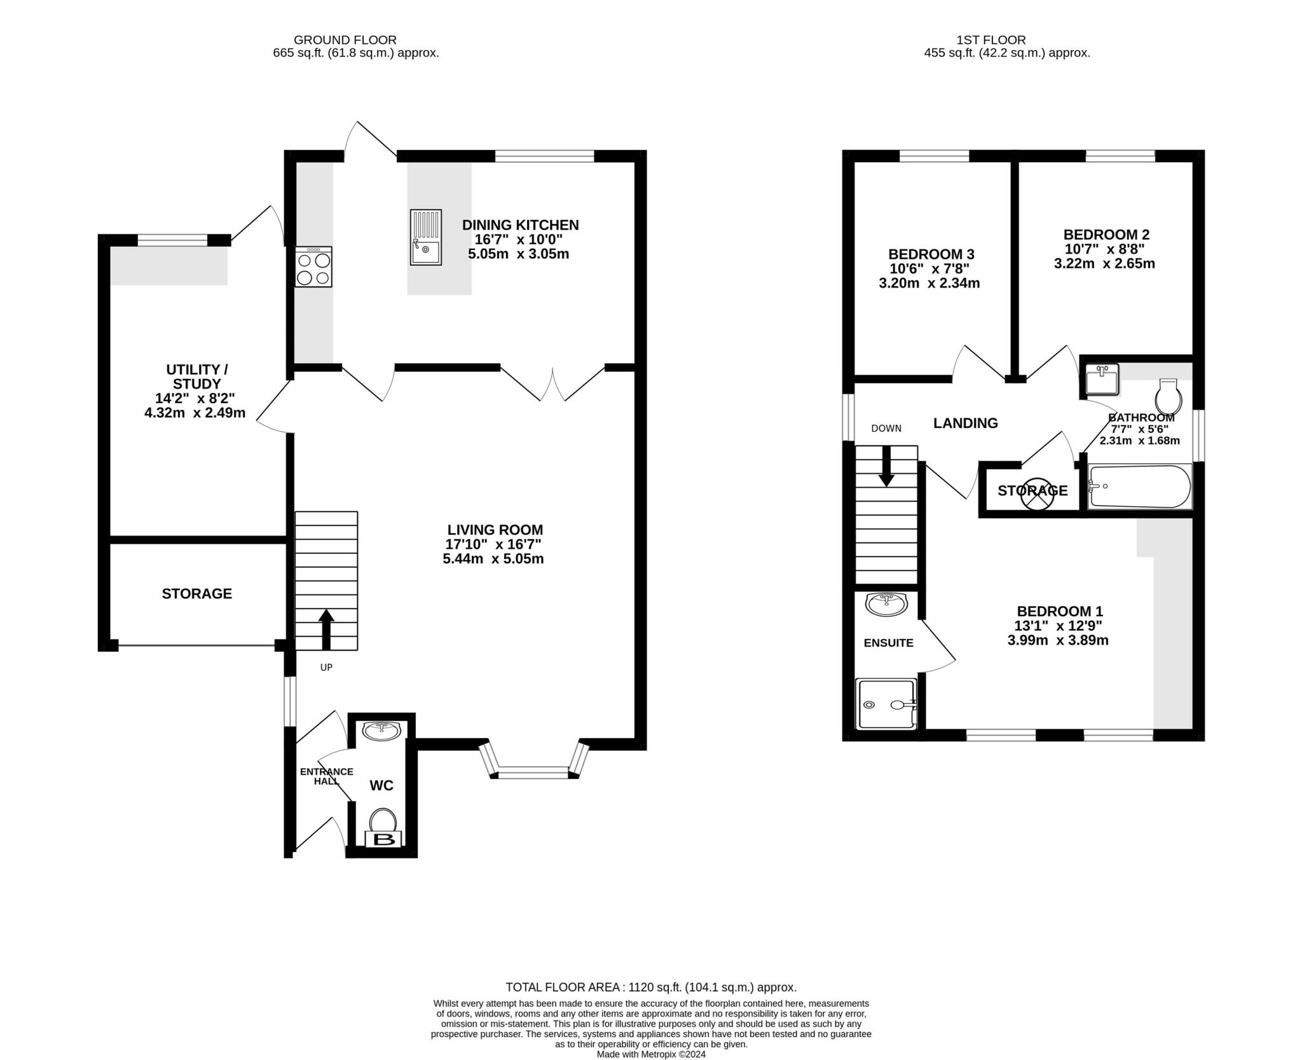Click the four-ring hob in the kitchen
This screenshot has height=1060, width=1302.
[x=313, y=267]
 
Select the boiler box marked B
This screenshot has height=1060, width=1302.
[x=383, y=839]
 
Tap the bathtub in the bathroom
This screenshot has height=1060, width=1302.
[x=1141, y=486]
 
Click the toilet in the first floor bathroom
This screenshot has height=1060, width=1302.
[x=1168, y=397]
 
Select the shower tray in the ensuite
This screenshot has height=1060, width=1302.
[x=887, y=703]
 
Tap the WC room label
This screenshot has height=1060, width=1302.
[x=381, y=785]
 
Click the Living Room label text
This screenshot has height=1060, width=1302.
[x=495, y=530]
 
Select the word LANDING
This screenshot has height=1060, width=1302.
[x=966, y=423]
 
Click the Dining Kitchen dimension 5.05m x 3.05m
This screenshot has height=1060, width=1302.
[x=518, y=254]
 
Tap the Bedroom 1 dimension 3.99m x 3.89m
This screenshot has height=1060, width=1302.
[x=1058, y=640]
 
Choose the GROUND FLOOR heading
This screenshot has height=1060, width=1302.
[x=345, y=40]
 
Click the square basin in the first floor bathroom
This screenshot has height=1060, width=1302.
[x=1102, y=380]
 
